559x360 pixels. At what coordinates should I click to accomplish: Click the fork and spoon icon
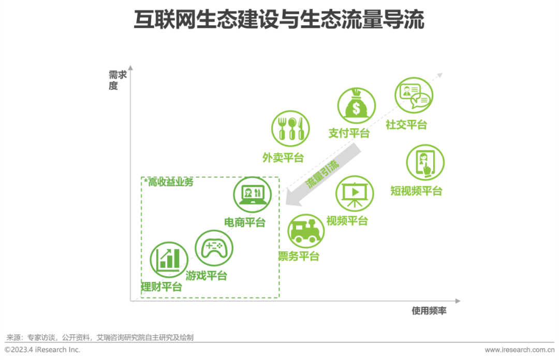click(x=290, y=129)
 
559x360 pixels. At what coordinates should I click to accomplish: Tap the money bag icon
click(x=356, y=106)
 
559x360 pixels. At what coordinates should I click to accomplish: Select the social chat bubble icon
click(x=414, y=96)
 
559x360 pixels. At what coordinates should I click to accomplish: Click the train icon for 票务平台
click(x=306, y=232)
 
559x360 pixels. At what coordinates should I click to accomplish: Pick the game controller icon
click(x=214, y=248)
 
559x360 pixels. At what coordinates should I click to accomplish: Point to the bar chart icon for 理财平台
click(x=169, y=260)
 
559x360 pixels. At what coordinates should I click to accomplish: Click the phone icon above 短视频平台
click(x=425, y=162)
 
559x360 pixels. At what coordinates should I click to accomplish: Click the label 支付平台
click(x=349, y=133)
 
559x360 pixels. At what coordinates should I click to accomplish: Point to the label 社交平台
click(x=406, y=125)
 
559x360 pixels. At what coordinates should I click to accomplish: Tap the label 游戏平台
click(x=206, y=276)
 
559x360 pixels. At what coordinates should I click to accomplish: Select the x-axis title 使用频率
click(x=429, y=311)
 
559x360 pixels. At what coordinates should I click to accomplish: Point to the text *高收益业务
click(x=169, y=182)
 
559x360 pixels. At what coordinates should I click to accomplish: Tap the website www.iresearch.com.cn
click(x=519, y=350)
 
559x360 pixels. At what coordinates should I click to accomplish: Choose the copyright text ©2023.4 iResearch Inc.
click(x=42, y=350)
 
